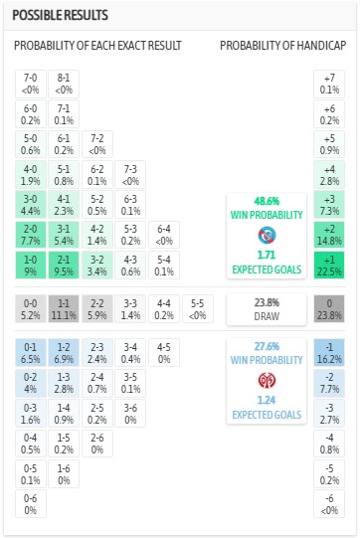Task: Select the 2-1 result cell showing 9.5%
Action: click(x=63, y=267)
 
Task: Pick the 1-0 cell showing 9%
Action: click(x=30, y=267)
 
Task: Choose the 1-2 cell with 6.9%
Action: click(x=63, y=352)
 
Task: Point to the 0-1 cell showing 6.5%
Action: click(x=30, y=352)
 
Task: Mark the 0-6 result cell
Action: click(x=30, y=504)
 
